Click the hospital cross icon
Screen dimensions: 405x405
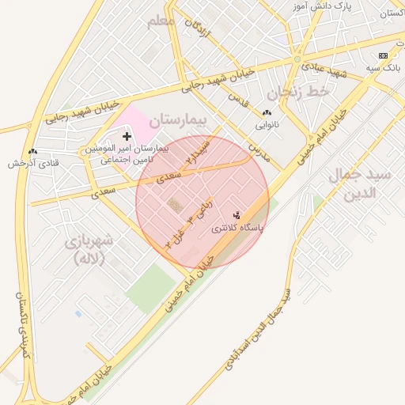point(127,137)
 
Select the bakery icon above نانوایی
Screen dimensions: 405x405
point(267,113)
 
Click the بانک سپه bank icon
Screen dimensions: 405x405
point(384,55)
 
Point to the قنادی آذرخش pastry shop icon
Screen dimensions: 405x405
point(32,151)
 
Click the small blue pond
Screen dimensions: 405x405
point(78,313)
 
